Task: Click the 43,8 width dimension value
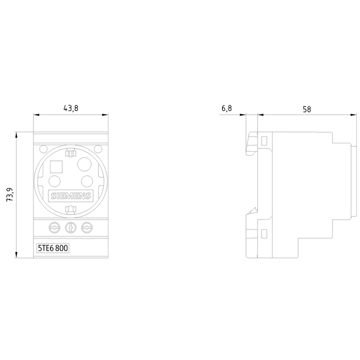71,108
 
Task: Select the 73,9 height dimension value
10,195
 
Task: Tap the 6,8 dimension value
227,108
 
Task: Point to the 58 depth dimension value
307,109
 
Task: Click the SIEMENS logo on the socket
71,196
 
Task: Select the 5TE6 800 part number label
53,248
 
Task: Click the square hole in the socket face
56,167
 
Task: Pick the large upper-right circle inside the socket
84,164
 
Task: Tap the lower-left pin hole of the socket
55,181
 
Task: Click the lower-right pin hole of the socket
87,181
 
